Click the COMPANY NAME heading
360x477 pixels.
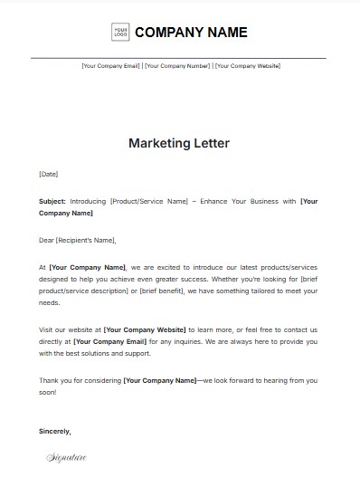[x=191, y=33]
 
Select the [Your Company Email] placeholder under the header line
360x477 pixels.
[x=110, y=66]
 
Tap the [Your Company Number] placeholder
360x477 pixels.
[x=177, y=66]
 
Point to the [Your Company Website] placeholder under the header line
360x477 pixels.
[x=247, y=66]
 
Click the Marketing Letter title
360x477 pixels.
[x=179, y=143]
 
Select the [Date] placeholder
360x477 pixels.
[x=49, y=173]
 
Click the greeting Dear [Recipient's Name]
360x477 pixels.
[x=78, y=241]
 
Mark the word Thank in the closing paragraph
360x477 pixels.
[x=51, y=380]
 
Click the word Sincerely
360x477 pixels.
[x=55, y=431]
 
